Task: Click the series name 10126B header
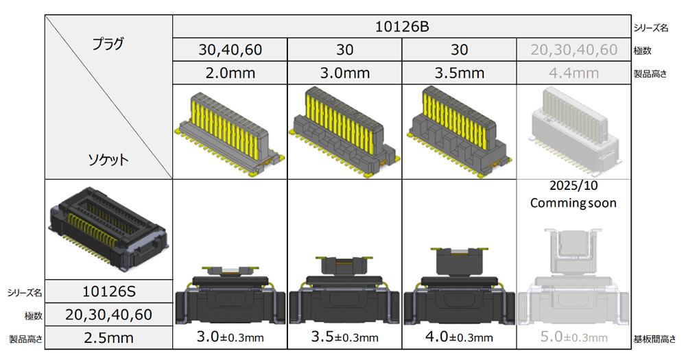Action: (x=401, y=27)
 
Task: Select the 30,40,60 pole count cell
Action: (x=230, y=50)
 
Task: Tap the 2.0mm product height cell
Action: (x=230, y=73)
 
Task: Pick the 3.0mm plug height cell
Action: (x=345, y=73)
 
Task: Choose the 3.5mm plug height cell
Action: (x=460, y=73)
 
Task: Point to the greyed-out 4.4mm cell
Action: (x=573, y=73)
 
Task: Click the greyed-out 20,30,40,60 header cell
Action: (x=573, y=50)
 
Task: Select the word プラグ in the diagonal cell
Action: (x=108, y=44)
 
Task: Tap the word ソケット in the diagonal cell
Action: (x=108, y=159)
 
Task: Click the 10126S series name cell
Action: (x=109, y=291)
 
